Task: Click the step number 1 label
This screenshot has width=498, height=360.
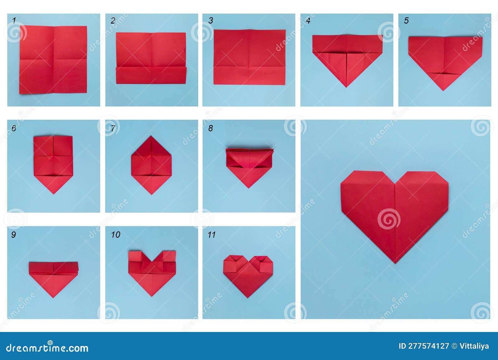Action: (x=14, y=21)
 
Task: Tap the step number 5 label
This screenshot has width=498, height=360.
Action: (x=406, y=21)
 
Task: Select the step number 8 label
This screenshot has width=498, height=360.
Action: (x=211, y=128)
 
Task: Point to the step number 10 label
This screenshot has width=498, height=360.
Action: (x=115, y=234)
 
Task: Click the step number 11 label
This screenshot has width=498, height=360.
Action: (x=212, y=234)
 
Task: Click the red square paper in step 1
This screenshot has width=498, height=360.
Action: (x=53, y=60)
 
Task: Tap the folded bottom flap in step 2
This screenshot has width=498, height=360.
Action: (x=151, y=75)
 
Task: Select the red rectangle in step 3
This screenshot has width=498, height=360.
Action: (x=249, y=57)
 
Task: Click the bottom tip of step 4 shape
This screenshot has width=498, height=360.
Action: (x=346, y=87)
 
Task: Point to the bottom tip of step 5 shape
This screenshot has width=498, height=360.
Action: (x=444, y=90)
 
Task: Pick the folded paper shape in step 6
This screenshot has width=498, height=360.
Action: (x=53, y=162)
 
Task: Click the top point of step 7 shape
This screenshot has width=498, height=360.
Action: (x=151, y=136)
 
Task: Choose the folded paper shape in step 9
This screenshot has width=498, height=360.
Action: (x=53, y=277)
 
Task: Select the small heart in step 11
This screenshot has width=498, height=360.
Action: (x=248, y=274)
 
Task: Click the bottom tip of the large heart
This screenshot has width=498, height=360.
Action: (x=395, y=263)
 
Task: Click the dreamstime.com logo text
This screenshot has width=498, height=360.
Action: (x=47, y=348)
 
